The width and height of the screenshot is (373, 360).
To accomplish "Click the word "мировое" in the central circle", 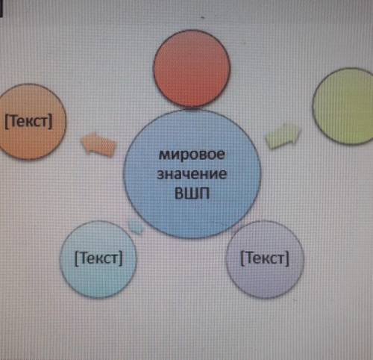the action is point(192,155).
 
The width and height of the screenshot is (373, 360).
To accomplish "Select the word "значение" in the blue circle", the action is point(192,174).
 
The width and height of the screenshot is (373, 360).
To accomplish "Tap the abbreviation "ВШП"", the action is point(192,193).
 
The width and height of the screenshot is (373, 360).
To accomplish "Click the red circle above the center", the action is point(192,69).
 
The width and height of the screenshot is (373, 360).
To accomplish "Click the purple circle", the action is point(265,259).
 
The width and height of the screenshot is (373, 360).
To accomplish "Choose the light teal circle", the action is point(98,259).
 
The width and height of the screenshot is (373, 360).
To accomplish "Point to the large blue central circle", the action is point(192,174).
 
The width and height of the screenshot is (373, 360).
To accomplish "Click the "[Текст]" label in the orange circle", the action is point(28,122).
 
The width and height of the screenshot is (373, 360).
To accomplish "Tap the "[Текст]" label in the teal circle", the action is point(98,258).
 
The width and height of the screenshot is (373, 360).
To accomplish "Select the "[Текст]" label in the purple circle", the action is point(265,258).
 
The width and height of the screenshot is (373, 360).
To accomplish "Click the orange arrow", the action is point(98,145).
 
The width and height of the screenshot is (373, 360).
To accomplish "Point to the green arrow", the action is point(283,136).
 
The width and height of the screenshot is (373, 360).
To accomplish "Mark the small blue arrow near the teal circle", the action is point(136,226).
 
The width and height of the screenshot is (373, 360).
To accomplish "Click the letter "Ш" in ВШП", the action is point(192,193).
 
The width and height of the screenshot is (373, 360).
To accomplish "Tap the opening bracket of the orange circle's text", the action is point(7,122).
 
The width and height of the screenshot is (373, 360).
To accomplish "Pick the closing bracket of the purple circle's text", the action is point(287,258).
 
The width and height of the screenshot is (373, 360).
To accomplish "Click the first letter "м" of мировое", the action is point(164,155).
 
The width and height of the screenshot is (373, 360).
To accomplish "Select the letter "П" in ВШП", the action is point(204,193).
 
